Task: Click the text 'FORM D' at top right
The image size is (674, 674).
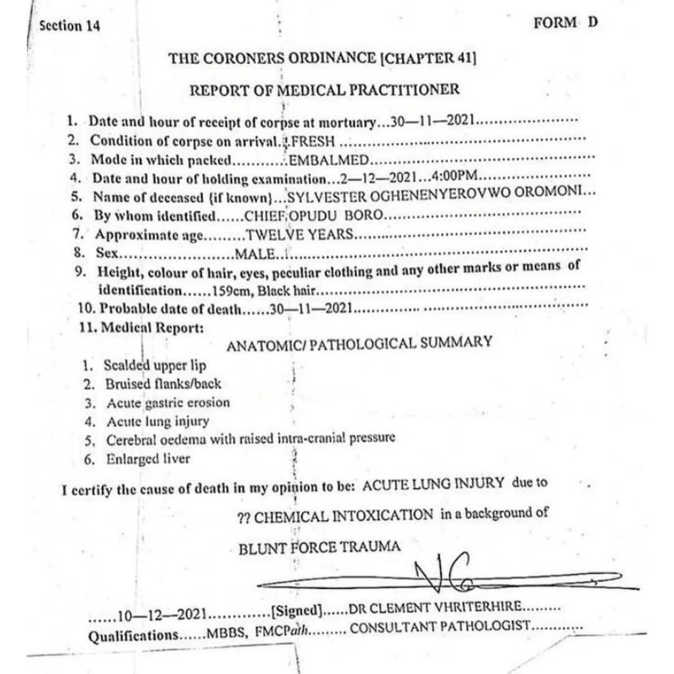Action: (565, 23)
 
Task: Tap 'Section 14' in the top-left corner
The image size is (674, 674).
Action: (69, 26)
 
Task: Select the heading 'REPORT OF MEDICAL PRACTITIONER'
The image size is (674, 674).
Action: (325, 90)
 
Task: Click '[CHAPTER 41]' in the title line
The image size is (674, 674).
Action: (428, 59)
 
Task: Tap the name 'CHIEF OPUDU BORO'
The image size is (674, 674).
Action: (311, 216)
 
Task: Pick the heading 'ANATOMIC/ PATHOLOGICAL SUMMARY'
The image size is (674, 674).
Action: (359, 343)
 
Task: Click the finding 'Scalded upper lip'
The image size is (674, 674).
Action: (155, 365)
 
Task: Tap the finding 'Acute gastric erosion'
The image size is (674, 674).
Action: (168, 403)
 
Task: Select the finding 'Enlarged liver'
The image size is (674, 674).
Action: (148, 459)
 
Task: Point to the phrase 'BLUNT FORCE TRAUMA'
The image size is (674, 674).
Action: (320, 547)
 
